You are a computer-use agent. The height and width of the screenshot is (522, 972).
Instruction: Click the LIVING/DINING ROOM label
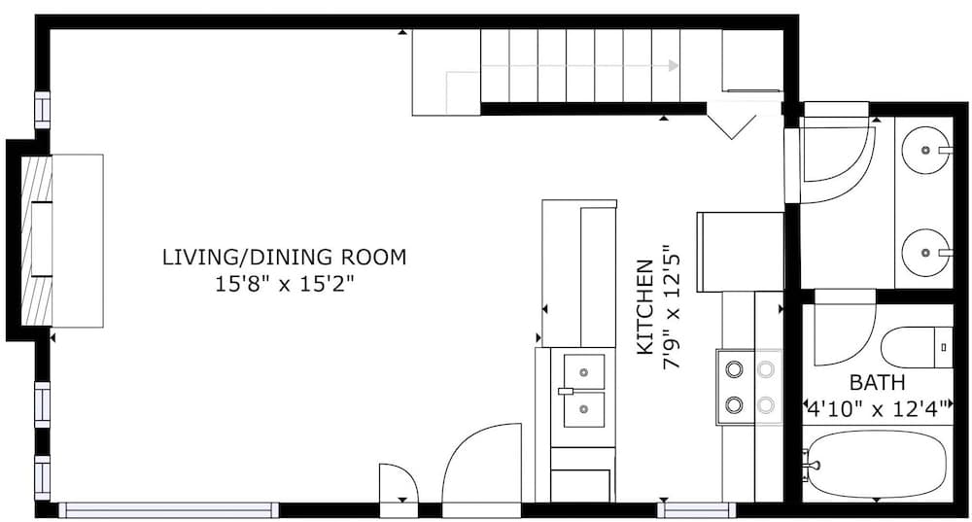pyautogui.click(x=284, y=258)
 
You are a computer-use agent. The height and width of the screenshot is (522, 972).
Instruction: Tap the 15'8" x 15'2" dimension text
pyautogui.click(x=284, y=285)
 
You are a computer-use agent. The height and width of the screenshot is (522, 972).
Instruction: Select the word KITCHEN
pyautogui.click(x=644, y=306)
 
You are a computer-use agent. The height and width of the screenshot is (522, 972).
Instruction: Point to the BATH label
pyautogui.click(x=877, y=382)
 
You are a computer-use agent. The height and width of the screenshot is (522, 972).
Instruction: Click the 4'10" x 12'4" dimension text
pyautogui.click(x=877, y=409)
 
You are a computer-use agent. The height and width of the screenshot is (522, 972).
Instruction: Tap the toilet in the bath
pyautogui.click(x=917, y=347)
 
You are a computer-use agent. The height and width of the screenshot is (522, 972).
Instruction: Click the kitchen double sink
pyautogui.click(x=583, y=390)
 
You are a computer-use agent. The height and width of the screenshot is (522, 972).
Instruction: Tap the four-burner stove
pyautogui.click(x=749, y=386)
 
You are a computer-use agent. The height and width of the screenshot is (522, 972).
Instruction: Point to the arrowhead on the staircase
pyautogui.click(x=673, y=66)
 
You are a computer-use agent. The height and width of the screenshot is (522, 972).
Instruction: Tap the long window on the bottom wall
pyautogui.click(x=169, y=509)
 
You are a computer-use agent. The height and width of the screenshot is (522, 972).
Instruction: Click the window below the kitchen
pyautogui.click(x=696, y=509)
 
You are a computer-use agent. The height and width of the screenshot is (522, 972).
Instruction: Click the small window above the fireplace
pyautogui.click(x=43, y=109)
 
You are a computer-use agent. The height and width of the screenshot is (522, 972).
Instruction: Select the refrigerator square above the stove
pyautogui.click(x=740, y=251)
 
